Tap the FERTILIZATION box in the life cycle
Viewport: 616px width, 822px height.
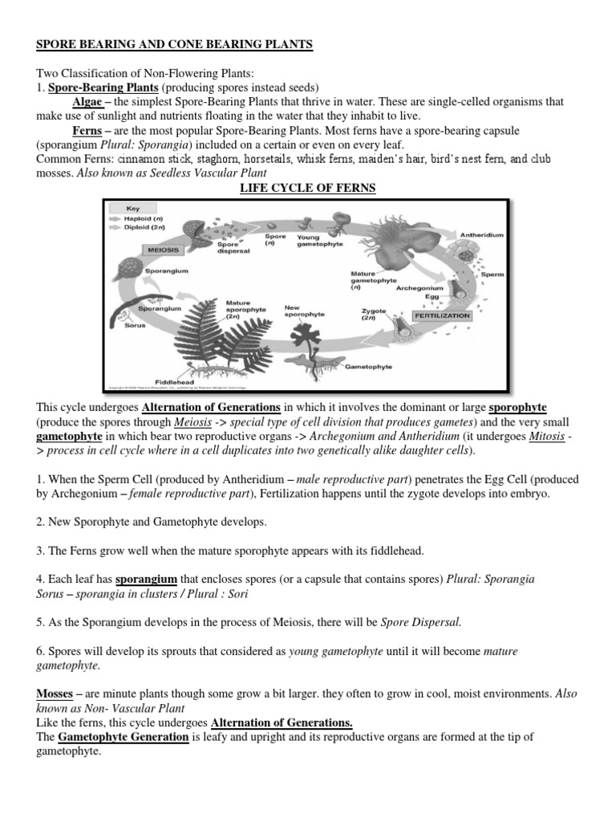pyautogui.click(x=441, y=316)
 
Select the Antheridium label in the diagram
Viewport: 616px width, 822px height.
pyautogui.click(x=481, y=235)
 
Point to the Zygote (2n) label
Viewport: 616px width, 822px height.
pyautogui.click(x=374, y=314)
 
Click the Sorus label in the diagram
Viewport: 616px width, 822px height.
pyautogui.click(x=135, y=325)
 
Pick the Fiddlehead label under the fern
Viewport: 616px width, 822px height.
pyautogui.click(x=172, y=382)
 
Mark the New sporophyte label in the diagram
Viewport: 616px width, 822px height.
pyautogui.click(x=304, y=311)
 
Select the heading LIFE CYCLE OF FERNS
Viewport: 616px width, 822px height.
pyautogui.click(x=308, y=189)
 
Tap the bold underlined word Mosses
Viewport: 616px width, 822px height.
pyautogui.click(x=55, y=693)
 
